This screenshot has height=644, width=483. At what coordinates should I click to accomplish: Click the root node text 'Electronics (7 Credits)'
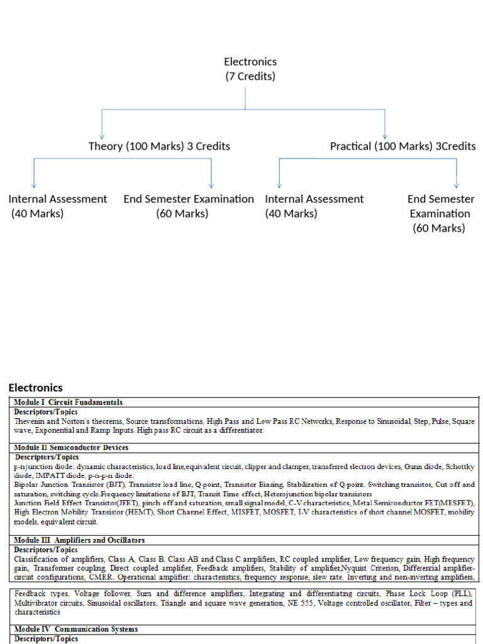[x=250, y=69]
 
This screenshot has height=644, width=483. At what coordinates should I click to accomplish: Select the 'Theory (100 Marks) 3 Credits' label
[x=159, y=146]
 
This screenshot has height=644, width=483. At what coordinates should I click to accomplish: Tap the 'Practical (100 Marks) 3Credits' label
[x=402, y=146]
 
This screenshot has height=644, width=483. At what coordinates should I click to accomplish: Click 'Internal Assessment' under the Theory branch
[x=58, y=199]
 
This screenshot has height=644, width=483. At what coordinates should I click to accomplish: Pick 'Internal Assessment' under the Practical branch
[x=314, y=199]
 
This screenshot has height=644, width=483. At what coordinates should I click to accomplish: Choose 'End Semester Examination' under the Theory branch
[x=189, y=199]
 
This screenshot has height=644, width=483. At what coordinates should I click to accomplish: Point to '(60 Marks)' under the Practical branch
[x=439, y=228]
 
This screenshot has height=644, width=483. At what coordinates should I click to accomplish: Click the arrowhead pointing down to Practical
[x=385, y=135]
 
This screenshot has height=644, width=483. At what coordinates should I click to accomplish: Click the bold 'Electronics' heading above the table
[x=36, y=387]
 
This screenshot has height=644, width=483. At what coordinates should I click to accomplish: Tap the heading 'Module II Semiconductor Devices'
[x=71, y=448]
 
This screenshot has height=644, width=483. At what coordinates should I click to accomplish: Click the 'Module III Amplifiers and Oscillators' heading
[x=79, y=540]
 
